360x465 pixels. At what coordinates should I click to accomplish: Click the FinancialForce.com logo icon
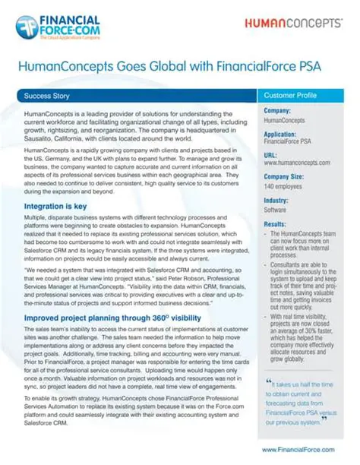tap(27, 27)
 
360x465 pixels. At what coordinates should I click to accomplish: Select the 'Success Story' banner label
tap(48, 97)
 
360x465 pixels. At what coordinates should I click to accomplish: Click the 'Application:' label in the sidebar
tap(282, 134)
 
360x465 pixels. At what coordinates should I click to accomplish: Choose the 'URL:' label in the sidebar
tap(271, 155)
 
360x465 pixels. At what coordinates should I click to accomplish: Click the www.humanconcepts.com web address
tap(296, 163)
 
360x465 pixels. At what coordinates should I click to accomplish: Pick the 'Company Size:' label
tap(284, 177)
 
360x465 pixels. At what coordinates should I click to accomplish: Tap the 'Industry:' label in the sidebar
tap(276, 201)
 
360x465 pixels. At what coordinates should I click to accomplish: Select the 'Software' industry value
tap(275, 209)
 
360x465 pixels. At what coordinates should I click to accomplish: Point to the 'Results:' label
tap(275, 225)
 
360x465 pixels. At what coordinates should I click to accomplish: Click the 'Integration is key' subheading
tap(55, 207)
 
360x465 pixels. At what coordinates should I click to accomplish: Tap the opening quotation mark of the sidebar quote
tap(269, 384)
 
